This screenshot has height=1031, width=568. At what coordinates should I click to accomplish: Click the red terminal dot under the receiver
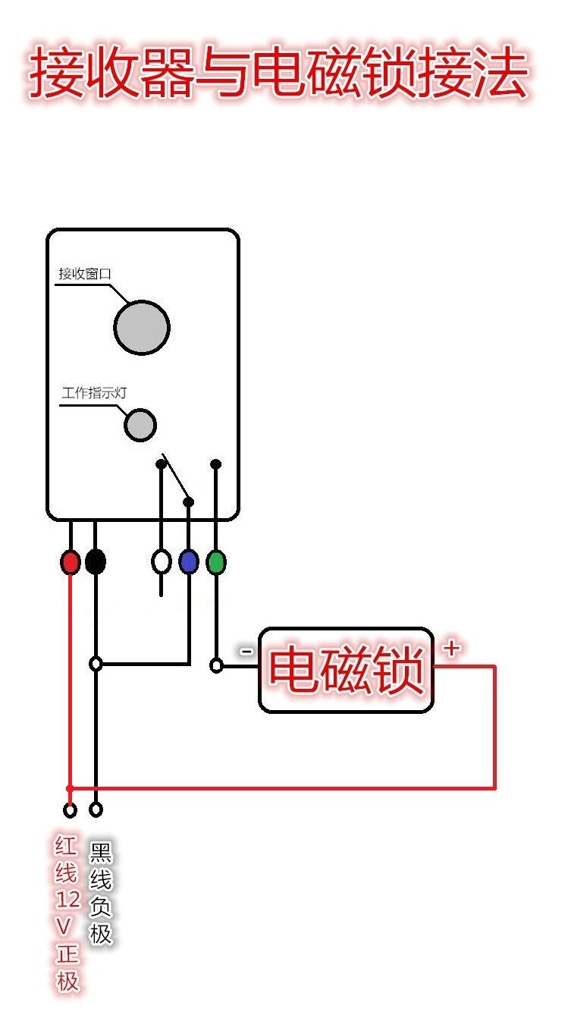pyautogui.click(x=70, y=562)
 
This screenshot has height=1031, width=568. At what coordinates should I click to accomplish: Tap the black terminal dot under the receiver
pyautogui.click(x=96, y=562)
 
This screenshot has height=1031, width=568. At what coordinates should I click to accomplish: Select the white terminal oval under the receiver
pyautogui.click(x=161, y=562)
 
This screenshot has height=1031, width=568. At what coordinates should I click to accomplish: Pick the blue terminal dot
pyautogui.click(x=189, y=562)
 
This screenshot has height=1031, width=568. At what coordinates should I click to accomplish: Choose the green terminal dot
pyautogui.click(x=216, y=562)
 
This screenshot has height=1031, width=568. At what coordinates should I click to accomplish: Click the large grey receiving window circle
pyautogui.click(x=142, y=328)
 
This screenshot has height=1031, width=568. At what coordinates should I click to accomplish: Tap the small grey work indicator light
pyautogui.click(x=140, y=425)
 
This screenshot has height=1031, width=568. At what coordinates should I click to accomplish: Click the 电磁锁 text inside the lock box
pyautogui.click(x=347, y=671)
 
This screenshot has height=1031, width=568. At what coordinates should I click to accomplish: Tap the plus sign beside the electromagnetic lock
pyautogui.click(x=451, y=649)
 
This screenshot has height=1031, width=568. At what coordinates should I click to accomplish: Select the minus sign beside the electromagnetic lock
pyautogui.click(x=246, y=651)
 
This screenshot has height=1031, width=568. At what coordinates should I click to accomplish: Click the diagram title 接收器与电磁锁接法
pyautogui.click(x=278, y=74)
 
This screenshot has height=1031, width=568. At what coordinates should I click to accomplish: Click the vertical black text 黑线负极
pyautogui.click(x=101, y=892)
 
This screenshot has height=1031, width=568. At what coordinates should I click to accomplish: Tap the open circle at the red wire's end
pyautogui.click(x=70, y=810)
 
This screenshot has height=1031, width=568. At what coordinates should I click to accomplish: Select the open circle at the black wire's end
pyautogui.click(x=96, y=809)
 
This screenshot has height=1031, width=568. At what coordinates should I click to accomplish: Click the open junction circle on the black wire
pyautogui.click(x=96, y=664)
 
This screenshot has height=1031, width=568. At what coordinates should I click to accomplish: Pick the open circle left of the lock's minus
pyautogui.click(x=216, y=666)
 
